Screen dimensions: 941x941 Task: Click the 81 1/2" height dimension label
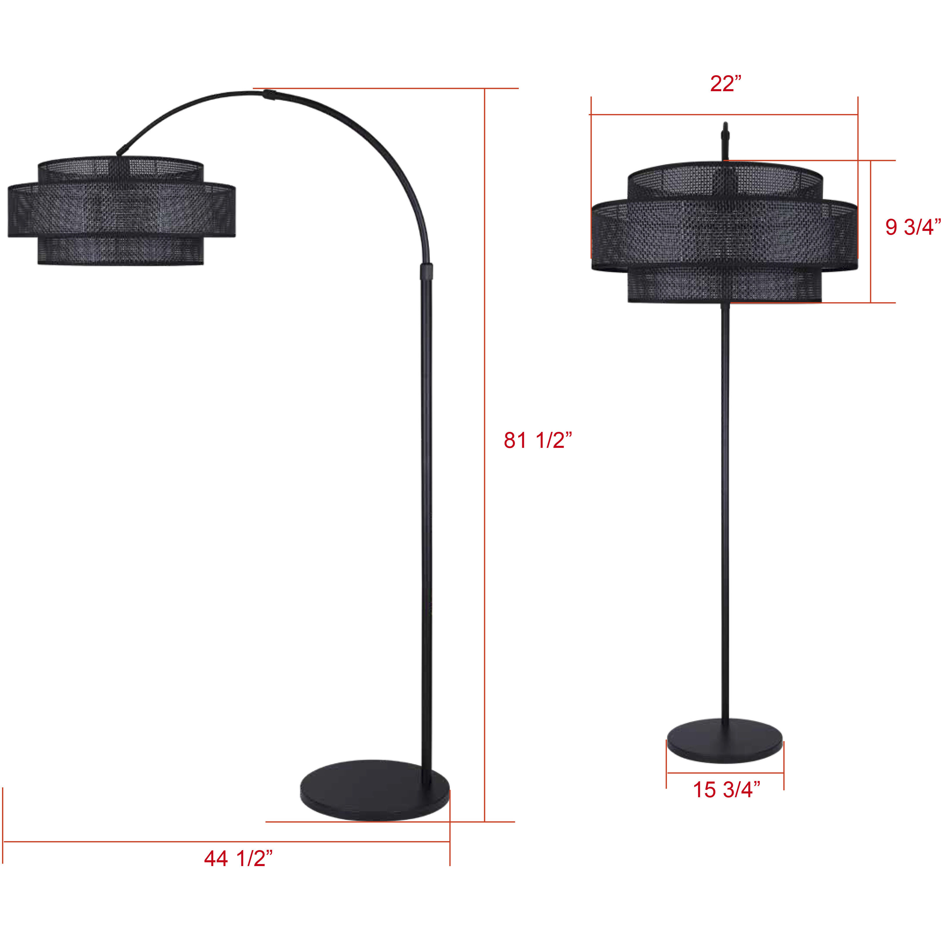[537, 441]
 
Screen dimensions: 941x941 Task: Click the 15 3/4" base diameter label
[726, 789]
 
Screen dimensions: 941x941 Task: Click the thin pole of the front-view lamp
[726, 487]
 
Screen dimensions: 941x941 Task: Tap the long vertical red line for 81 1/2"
[485, 438]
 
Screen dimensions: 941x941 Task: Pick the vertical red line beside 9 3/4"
[871, 231]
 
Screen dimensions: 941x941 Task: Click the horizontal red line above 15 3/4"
[725, 773]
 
